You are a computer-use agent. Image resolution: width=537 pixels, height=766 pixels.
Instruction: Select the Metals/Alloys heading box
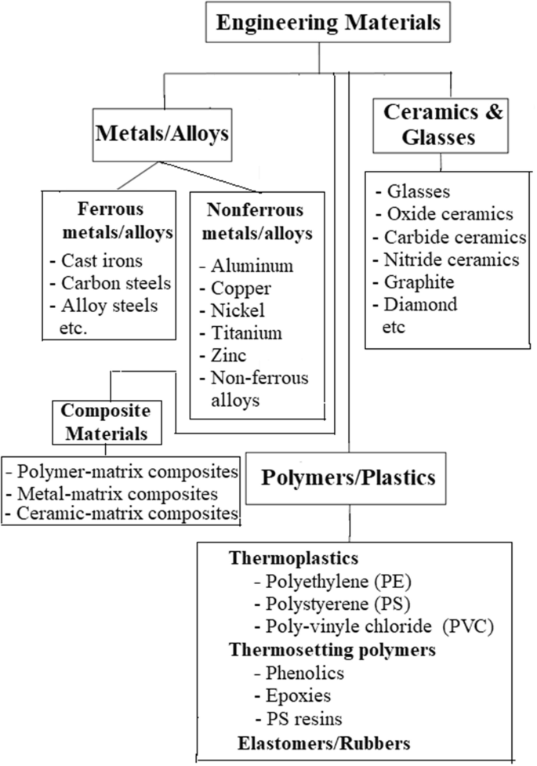[x=161, y=133]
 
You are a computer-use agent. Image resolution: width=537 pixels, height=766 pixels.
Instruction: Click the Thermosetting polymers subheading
[x=332, y=650]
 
